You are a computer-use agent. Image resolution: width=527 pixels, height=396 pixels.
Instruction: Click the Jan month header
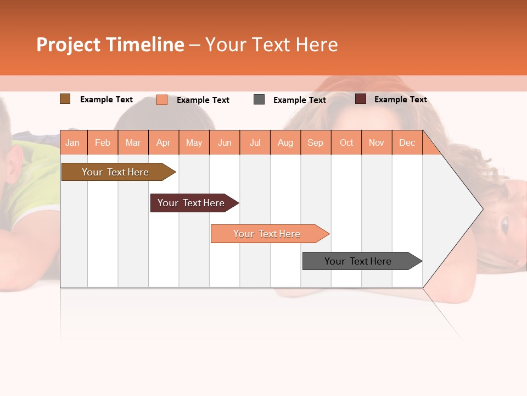(x=72, y=142)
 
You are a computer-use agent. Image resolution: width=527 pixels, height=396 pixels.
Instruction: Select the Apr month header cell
(x=164, y=142)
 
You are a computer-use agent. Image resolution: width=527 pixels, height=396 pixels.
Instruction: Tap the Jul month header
(x=255, y=142)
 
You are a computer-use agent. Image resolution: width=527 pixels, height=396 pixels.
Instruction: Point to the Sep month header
(x=315, y=142)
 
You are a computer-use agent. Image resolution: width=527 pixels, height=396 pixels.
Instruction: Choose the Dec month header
(x=407, y=142)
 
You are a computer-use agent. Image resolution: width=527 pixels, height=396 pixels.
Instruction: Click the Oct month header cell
(x=346, y=142)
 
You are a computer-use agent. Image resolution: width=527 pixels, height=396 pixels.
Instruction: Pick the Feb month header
(x=103, y=142)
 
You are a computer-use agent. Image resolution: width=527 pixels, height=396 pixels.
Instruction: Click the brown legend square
(x=65, y=99)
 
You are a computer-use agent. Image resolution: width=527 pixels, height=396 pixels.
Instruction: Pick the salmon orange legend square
(x=162, y=100)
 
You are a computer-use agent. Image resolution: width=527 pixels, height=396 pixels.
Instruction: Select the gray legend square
(x=259, y=100)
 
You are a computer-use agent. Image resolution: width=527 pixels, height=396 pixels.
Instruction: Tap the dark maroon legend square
(x=360, y=99)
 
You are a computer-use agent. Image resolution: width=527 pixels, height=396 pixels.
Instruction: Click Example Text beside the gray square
(x=299, y=100)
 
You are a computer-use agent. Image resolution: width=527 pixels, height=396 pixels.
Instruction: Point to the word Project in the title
(x=69, y=45)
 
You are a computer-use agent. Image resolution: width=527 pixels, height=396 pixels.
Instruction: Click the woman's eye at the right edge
(x=504, y=224)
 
